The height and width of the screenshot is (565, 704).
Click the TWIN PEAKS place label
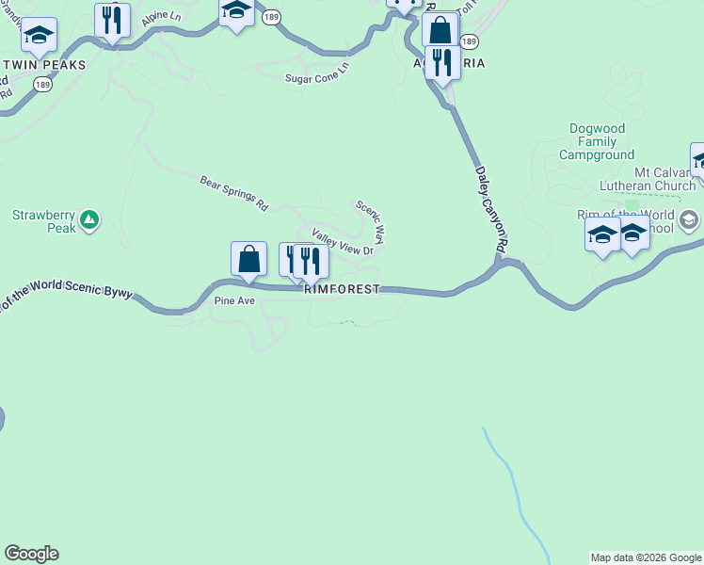click(44, 65)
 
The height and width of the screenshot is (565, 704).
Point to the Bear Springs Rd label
click(234, 192)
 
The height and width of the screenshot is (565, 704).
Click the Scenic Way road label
click(370, 220)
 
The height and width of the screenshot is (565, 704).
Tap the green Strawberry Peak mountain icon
click(89, 220)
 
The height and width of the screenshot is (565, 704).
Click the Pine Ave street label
click(234, 301)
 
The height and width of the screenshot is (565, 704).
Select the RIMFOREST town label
click(342, 289)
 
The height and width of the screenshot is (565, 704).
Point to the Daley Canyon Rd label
click(491, 210)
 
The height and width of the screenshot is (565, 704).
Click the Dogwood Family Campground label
click(595, 141)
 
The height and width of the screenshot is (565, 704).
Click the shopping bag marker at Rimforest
click(248, 259)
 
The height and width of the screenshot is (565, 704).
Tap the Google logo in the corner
click(31, 554)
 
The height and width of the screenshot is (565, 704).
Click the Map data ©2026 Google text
click(646, 557)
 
